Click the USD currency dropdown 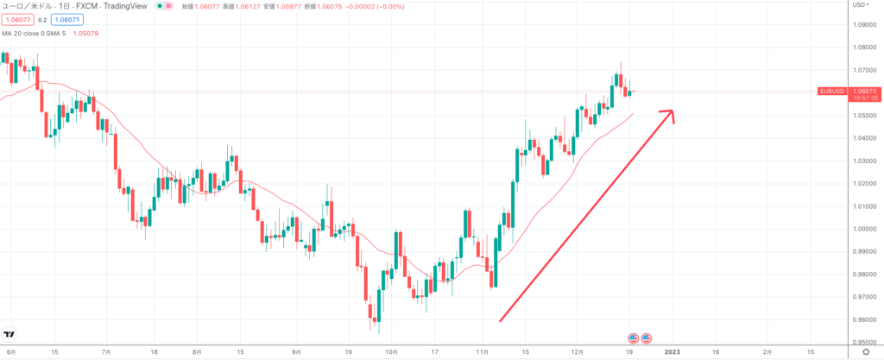[860, 5]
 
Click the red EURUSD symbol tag [830, 91]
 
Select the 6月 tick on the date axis [9, 352]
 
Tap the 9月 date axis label [295, 352]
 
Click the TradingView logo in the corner [9, 334]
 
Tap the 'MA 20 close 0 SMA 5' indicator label [41, 35]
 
